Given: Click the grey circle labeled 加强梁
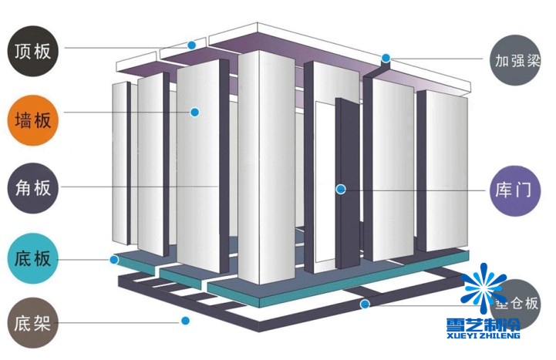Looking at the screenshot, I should [516, 59].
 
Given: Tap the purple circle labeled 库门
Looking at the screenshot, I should [516, 188].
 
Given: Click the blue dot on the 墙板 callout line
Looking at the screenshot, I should [195, 113].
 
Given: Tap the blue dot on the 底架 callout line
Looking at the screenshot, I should [185, 321].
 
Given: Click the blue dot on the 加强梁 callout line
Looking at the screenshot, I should [386, 58].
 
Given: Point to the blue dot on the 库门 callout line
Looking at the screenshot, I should [339, 188].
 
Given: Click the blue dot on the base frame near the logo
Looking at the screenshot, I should [365, 304].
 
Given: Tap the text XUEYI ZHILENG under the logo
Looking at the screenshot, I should [483, 338].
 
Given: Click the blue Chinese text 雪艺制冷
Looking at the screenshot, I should [483, 324].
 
